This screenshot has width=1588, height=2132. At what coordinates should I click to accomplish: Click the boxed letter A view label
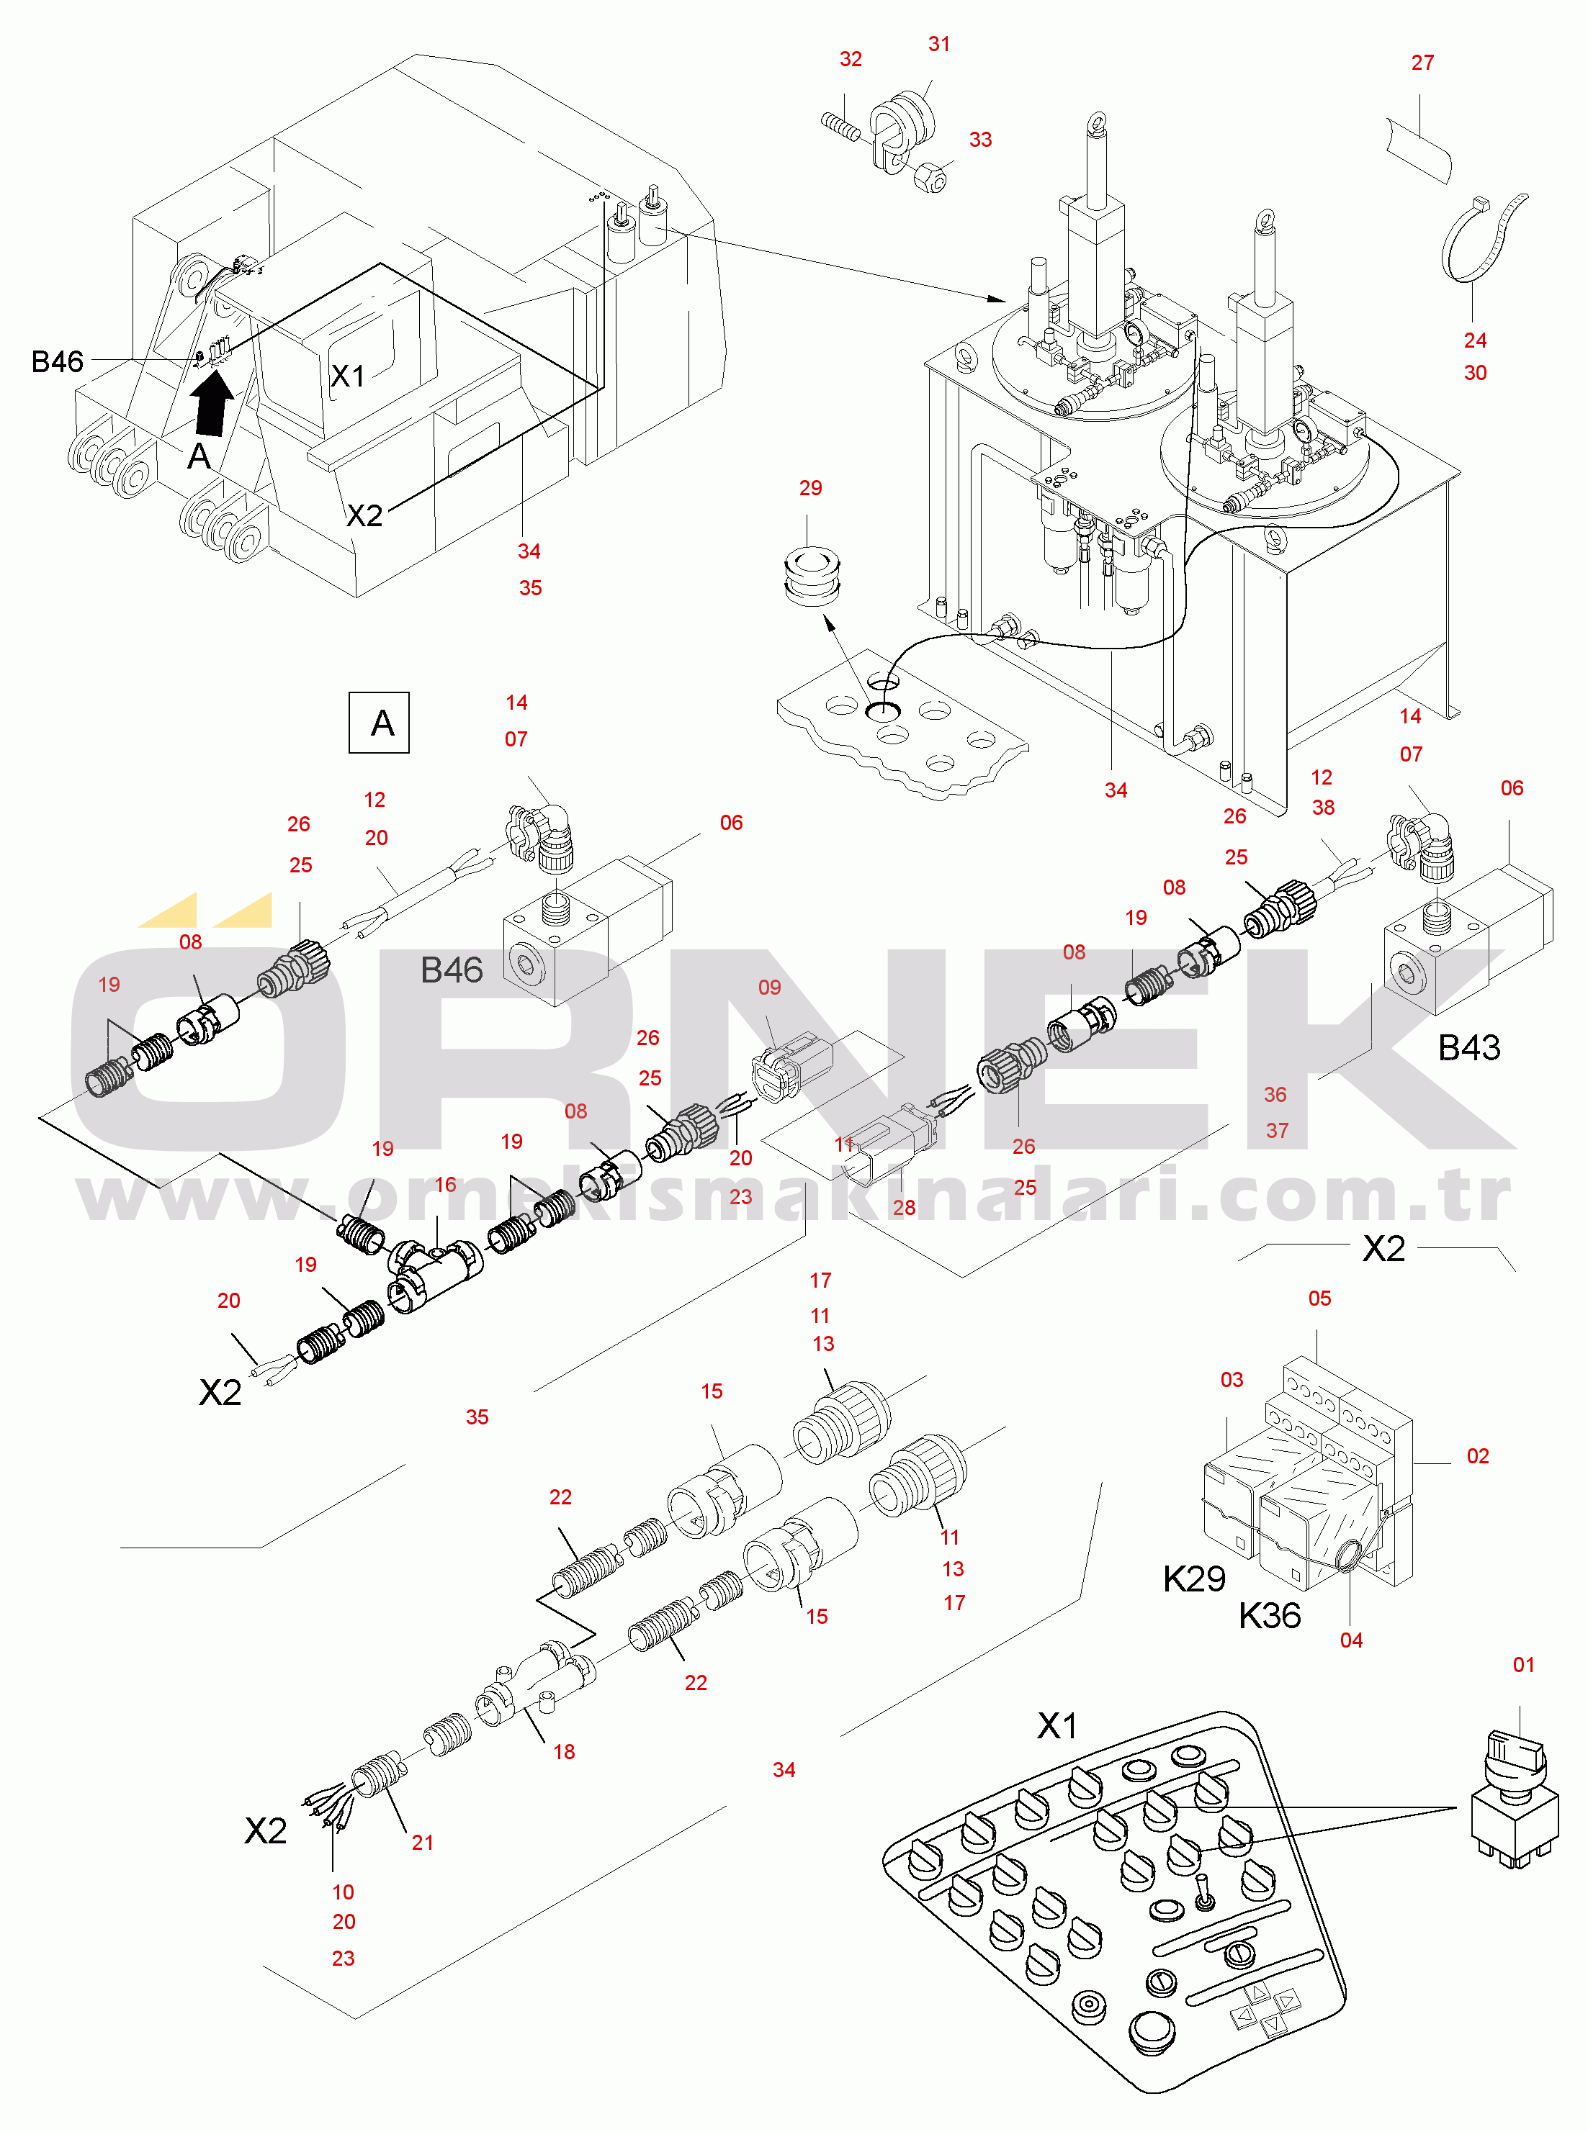point(379,723)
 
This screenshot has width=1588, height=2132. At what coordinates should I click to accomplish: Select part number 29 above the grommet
point(810,488)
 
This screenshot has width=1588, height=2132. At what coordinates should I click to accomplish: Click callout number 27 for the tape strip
point(1422,63)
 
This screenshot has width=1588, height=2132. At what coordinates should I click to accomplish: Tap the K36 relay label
point(1269,1616)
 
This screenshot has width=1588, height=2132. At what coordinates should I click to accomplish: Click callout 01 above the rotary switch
point(1524,1665)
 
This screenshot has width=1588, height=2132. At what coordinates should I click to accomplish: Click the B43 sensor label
point(1468,1047)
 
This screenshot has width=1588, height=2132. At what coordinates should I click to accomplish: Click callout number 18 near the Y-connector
point(564,1751)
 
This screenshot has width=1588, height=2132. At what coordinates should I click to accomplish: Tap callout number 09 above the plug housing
point(770,988)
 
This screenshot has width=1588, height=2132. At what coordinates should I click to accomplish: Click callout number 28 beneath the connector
point(905,1208)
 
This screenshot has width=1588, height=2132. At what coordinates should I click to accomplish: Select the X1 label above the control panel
point(1057,1725)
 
